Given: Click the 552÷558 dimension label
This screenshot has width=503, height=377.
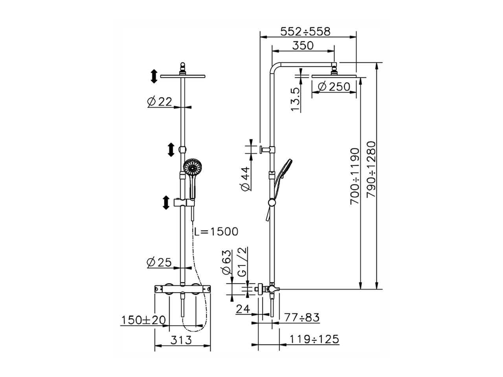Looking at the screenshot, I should point(305,31).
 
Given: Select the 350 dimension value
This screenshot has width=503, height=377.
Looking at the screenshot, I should point(303,46).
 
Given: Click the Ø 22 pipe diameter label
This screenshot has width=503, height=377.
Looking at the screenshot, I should point(160,102).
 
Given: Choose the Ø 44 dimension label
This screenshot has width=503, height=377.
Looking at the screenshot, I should point(245,179).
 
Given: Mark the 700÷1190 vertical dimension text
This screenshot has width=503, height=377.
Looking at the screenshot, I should point(355,176).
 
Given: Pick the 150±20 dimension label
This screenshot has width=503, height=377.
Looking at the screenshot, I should point(143,320).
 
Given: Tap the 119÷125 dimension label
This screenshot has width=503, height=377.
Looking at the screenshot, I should point(314,339).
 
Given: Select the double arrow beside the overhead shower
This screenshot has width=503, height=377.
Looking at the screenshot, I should point(154,76).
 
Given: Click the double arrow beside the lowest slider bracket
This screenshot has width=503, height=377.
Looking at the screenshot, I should point(166,203).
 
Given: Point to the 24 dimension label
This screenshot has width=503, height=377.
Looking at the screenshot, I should point(243,309).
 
